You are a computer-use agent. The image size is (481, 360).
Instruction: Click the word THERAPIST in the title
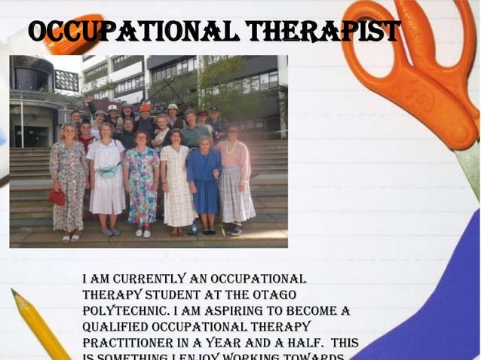323,32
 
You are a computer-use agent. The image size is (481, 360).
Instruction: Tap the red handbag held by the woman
57,197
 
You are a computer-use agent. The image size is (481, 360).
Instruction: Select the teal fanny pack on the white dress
108,172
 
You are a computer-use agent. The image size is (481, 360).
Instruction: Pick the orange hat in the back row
145,108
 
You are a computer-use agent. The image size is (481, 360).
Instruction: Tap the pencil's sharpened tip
14,292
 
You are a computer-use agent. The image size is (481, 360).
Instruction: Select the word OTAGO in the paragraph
274,294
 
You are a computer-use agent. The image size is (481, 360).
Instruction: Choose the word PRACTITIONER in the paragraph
127,343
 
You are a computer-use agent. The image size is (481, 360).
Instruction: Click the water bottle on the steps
194,227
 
